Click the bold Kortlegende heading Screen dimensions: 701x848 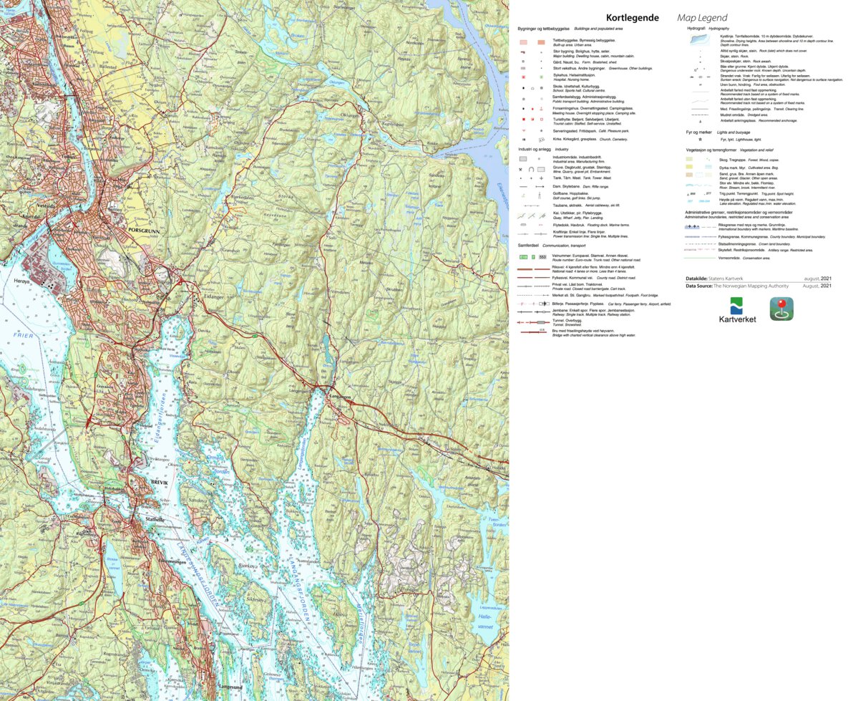(x=632, y=18)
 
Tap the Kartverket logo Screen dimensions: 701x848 (x=737, y=310)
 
